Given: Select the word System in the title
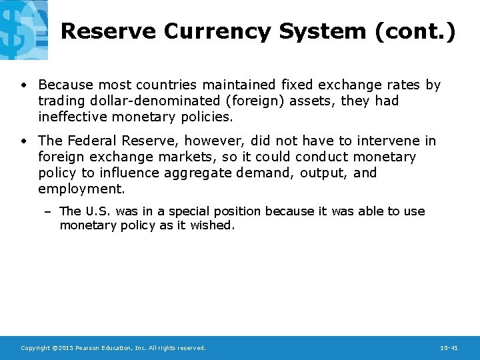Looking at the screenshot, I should pyautogui.click(x=323, y=31).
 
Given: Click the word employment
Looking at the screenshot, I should pyautogui.click(x=81, y=189).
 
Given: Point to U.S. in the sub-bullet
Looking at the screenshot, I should pyautogui.click(x=98, y=211).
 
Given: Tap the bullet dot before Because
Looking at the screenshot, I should pyautogui.click(x=23, y=85).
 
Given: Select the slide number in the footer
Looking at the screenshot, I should pyautogui.click(x=449, y=348).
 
